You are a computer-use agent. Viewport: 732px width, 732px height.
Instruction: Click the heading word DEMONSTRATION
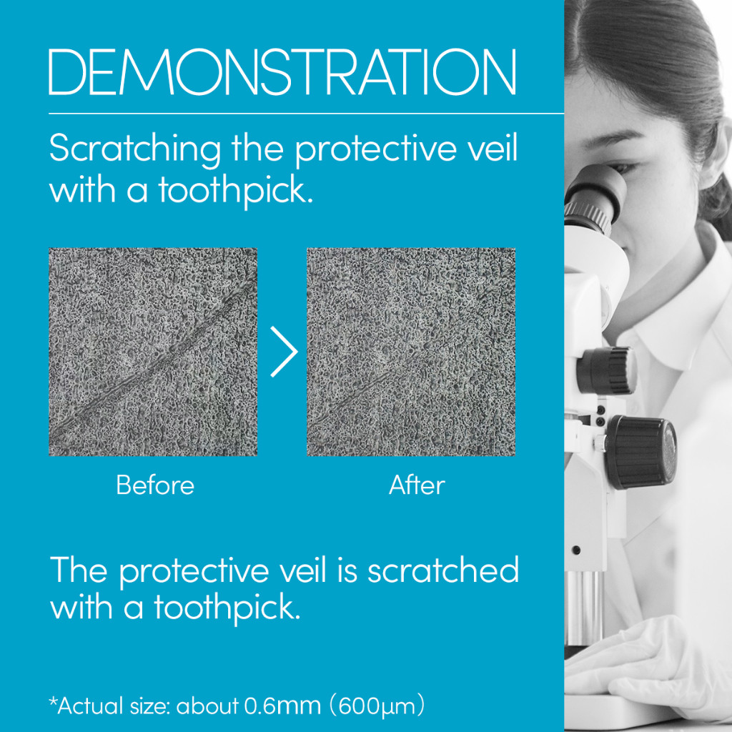(x=282, y=72)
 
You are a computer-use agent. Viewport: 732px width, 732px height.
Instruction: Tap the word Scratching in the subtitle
(x=135, y=149)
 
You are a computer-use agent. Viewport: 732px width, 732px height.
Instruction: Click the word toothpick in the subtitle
(x=235, y=191)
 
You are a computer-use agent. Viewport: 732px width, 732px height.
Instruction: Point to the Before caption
(x=155, y=485)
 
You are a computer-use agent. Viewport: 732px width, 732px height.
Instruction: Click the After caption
(x=417, y=485)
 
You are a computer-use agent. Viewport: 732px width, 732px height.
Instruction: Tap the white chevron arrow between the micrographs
(x=284, y=352)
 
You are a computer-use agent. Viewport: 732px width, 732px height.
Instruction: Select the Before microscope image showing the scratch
(x=153, y=352)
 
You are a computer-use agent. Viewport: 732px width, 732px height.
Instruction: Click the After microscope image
(x=411, y=352)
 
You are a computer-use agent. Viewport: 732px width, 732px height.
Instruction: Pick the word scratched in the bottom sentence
(x=443, y=570)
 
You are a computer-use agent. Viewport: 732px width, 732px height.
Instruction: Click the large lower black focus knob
(x=641, y=452)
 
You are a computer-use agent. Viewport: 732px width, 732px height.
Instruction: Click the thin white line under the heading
(x=306, y=114)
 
